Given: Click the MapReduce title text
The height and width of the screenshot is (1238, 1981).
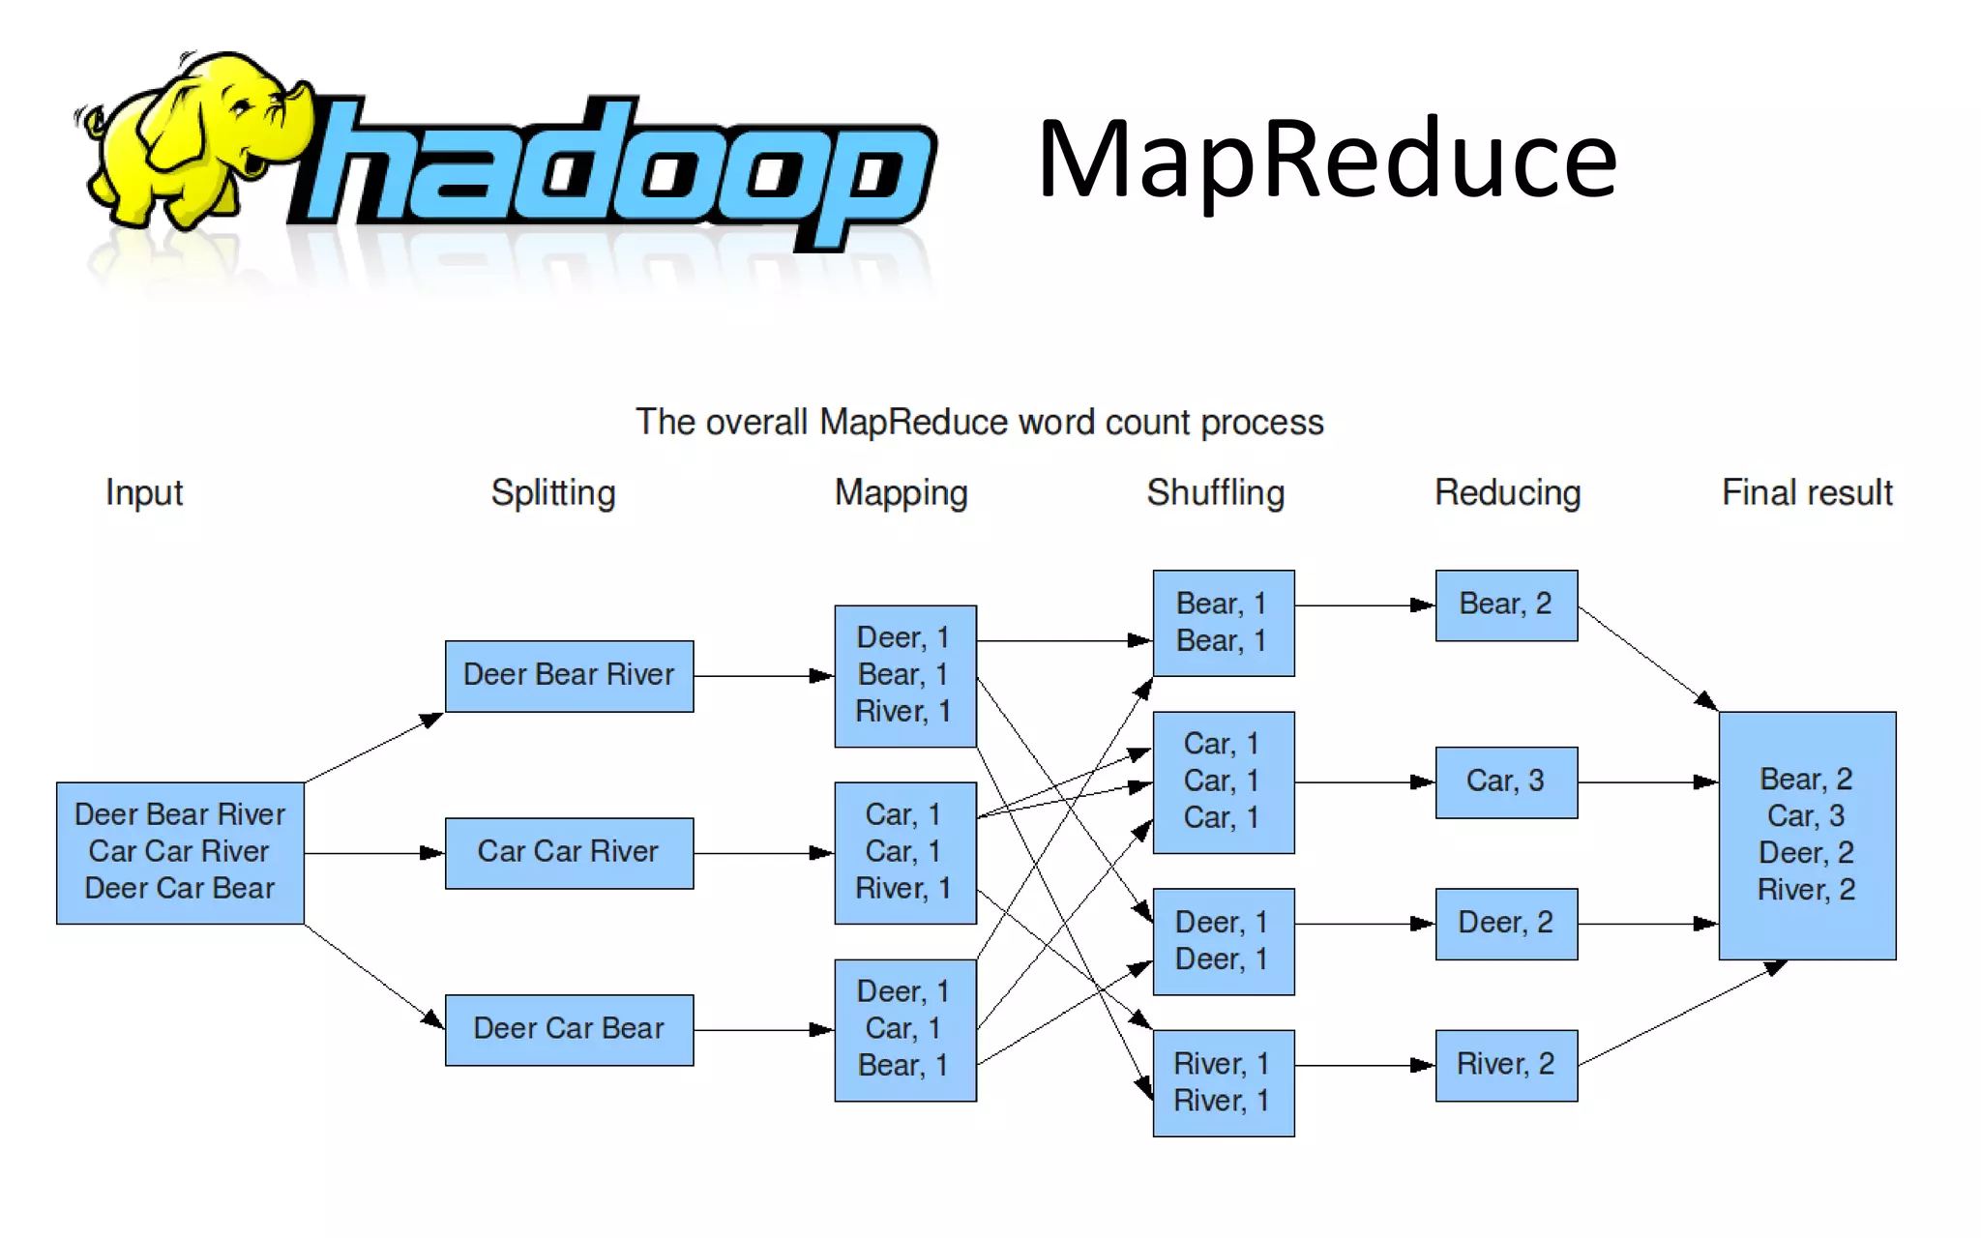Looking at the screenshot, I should pos(1326,160).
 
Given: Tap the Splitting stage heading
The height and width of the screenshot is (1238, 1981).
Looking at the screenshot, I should pos(552,493).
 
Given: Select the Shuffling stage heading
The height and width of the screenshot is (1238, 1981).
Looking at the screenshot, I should pos(1215,493).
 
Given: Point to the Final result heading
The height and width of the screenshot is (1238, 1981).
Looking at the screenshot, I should pos(1806,493).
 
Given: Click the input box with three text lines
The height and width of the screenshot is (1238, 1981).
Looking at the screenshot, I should pos(180,852).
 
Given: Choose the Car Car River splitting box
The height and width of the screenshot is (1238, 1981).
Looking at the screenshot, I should pos(569,852).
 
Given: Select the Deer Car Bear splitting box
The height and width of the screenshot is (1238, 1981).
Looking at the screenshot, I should pos(569,1029).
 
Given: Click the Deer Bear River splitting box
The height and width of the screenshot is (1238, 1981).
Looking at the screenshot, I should pos(569,675).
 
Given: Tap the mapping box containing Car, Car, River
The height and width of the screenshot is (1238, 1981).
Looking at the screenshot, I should pos(904,852).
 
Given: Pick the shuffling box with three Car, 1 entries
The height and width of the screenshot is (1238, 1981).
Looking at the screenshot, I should pos(1223,781).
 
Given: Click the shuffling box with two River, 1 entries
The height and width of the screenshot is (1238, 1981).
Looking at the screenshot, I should pos(1223,1082).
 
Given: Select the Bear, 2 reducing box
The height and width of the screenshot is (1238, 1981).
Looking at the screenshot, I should pos(1506,605).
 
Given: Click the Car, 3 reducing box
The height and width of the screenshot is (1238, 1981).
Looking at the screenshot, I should pos(1506,781).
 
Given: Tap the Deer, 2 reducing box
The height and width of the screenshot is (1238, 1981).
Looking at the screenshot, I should pos(1506,924).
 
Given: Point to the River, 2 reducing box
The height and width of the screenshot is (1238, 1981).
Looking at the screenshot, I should pos(1506,1065).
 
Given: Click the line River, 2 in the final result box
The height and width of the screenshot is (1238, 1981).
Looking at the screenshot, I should pos(1806,890).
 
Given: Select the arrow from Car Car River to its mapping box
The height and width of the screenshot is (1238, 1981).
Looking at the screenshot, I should pos(763,853).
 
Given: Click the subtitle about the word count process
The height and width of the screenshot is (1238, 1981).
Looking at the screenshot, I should pos(979,423).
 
